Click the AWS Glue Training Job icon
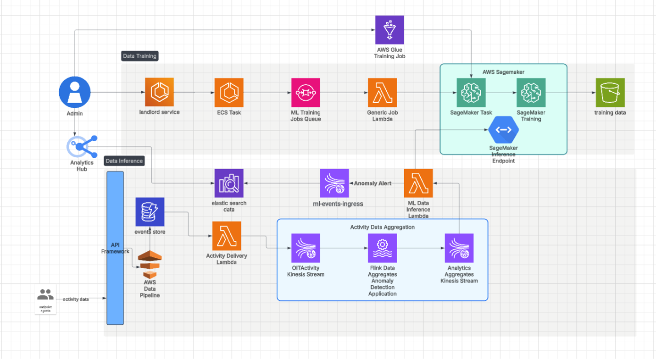point(389,30)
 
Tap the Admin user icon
point(75,93)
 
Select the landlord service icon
point(159,92)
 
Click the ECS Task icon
point(229,92)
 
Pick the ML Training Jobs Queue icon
point(306,92)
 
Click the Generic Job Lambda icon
point(382,92)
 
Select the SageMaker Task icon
point(471,92)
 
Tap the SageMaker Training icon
point(531,92)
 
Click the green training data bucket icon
point(610,92)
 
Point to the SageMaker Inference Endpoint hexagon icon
point(503,130)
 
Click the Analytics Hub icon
point(82,147)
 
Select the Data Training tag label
point(139,56)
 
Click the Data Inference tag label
point(124,161)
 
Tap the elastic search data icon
point(229,183)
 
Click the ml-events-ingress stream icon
point(334,183)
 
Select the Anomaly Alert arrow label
point(372,183)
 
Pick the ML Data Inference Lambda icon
point(418,183)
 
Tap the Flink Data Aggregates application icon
point(382,248)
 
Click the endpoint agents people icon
point(45,294)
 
